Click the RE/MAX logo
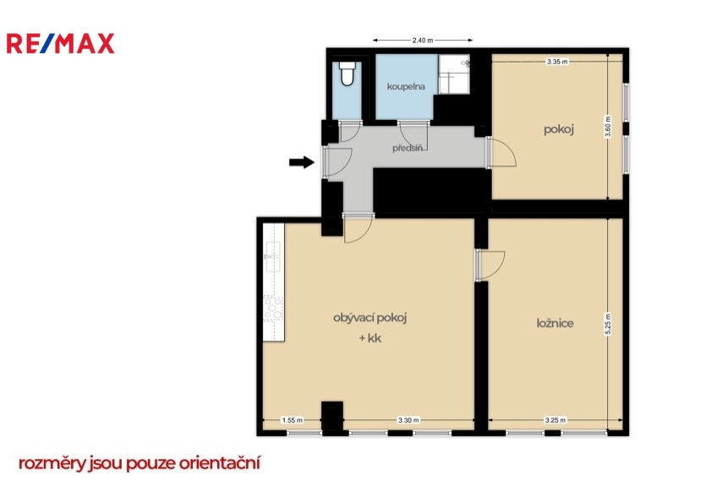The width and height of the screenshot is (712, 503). pos(60,44)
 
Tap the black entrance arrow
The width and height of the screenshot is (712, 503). pos(302,162)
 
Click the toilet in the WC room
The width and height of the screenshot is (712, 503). pos(348,74)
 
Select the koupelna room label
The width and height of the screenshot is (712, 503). pos(406,86)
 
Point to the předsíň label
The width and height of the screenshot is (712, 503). pos(408,148)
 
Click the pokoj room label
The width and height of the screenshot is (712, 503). pos(559,130)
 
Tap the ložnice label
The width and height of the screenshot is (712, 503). pos(555,323)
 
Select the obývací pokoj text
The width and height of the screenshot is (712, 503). pos(370,318)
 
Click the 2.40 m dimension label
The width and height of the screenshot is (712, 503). pos(422,41)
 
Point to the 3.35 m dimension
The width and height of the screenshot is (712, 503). pos(557,62)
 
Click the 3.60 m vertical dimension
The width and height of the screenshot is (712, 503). pos(608,127)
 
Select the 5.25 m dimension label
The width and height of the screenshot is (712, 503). pos(608,324)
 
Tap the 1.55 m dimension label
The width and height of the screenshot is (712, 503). pos(292,420)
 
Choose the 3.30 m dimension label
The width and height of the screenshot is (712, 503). pos(408,420)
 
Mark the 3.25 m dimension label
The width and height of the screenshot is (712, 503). pos(556,420)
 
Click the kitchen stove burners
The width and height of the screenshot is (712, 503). pos(274,309)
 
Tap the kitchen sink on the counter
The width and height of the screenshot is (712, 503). pos(273,256)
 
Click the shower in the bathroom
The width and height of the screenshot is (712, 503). pos(454,74)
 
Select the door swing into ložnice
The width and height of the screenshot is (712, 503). pos(490,265)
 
